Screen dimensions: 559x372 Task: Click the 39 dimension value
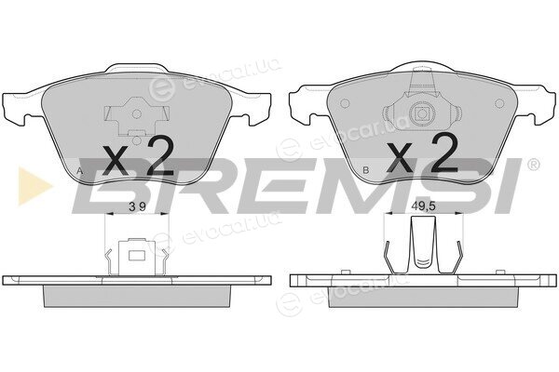coord(138,206)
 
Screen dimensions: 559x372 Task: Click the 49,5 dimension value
coord(424,206)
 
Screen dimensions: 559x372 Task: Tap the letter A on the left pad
coord(80,171)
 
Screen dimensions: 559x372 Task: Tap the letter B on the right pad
coord(365,170)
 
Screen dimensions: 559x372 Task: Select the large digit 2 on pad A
coord(160,157)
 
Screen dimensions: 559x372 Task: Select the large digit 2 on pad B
coord(444,153)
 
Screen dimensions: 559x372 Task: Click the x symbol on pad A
coord(115,160)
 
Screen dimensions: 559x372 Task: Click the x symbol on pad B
coord(401,156)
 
